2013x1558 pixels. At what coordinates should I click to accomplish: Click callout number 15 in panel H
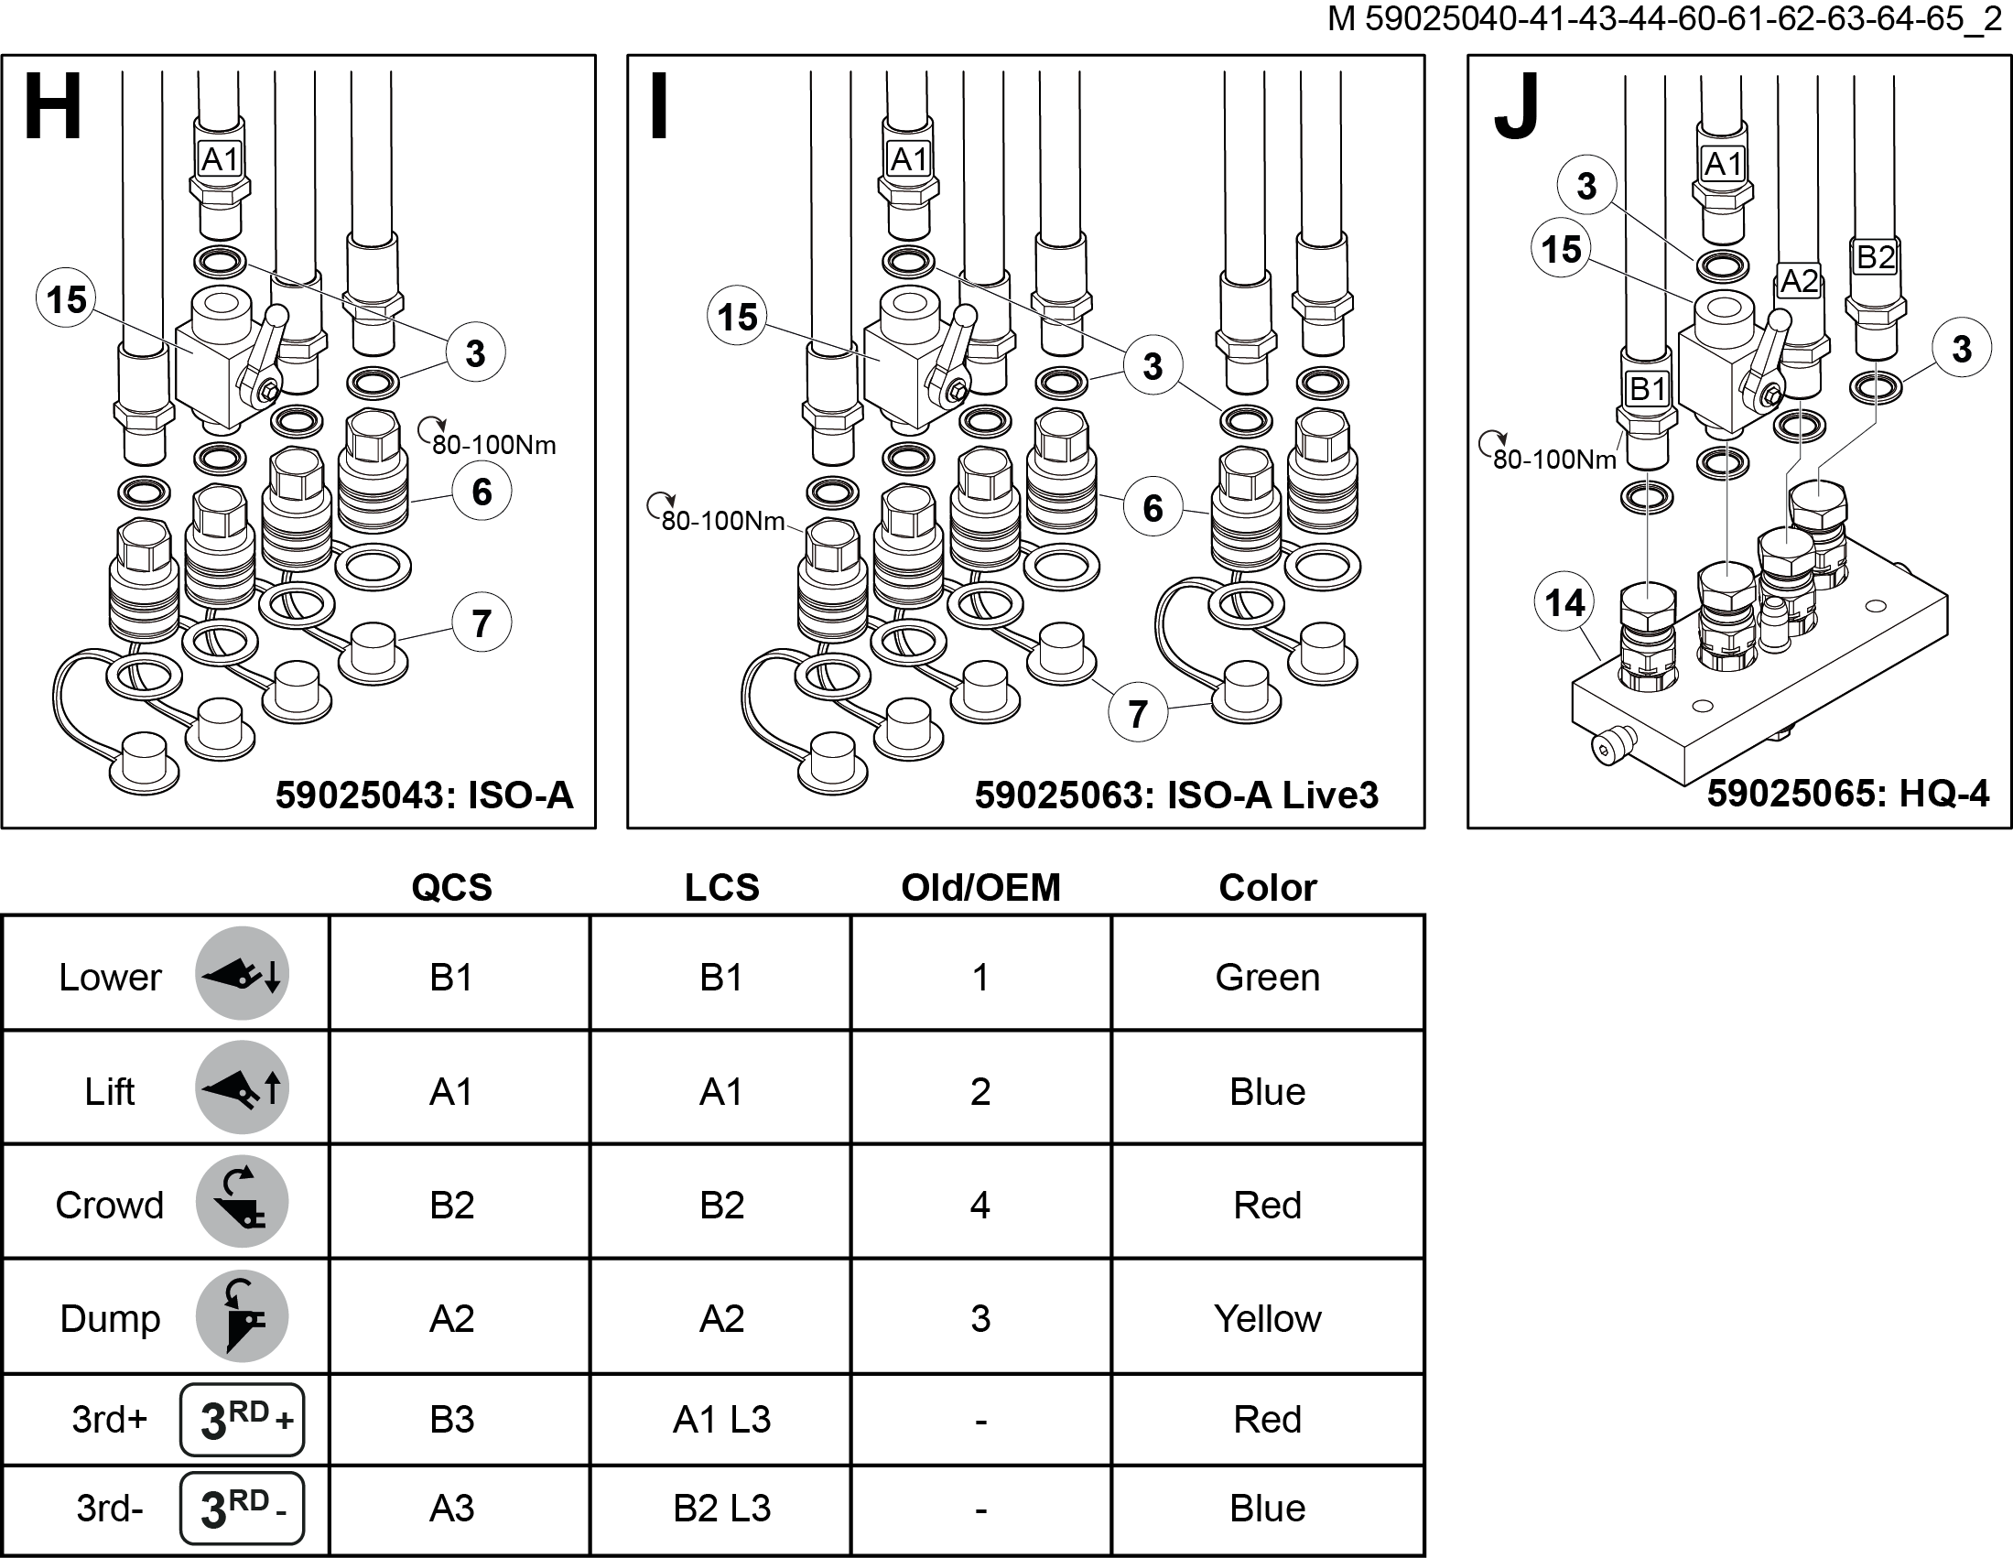(x=66, y=299)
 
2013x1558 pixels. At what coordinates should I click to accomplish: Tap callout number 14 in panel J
(x=1564, y=603)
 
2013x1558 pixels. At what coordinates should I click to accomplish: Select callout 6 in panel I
(x=1153, y=508)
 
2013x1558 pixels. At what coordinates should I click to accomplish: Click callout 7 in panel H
(x=482, y=623)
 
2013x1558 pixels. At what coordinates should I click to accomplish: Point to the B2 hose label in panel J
(x=1875, y=257)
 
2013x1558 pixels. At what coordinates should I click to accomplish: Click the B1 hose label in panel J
(x=1647, y=388)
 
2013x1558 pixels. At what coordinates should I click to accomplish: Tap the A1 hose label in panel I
(x=909, y=159)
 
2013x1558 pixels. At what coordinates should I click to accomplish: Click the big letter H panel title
(x=52, y=107)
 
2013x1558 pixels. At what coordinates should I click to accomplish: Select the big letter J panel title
(x=1516, y=107)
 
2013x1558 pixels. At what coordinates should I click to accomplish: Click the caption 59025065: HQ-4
(x=1847, y=793)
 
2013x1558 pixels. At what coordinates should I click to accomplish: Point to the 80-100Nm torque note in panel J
(x=1554, y=459)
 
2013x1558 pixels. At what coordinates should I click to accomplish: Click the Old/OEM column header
(x=980, y=887)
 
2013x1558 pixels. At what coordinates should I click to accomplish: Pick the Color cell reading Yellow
(x=1267, y=1318)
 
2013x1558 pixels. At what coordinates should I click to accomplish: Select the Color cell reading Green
(x=1267, y=978)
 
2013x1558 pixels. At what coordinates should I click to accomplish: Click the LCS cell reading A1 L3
(x=721, y=1420)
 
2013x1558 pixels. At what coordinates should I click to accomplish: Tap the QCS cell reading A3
(x=451, y=1509)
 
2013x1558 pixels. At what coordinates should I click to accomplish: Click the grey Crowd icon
(x=243, y=1202)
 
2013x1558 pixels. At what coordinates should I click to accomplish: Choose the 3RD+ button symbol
(x=243, y=1420)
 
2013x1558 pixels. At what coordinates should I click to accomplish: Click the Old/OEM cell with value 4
(x=980, y=1205)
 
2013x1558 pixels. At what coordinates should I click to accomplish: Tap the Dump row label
(x=110, y=1318)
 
